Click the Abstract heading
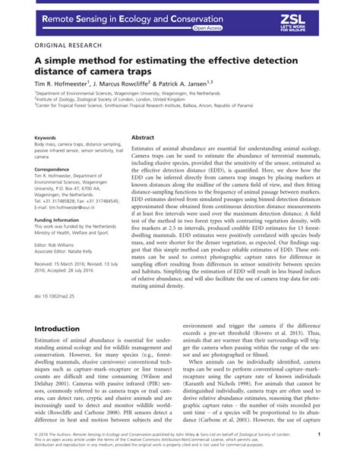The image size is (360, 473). (x=143, y=137)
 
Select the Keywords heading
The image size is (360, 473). (x=46, y=137)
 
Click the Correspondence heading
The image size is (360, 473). (x=52, y=169)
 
